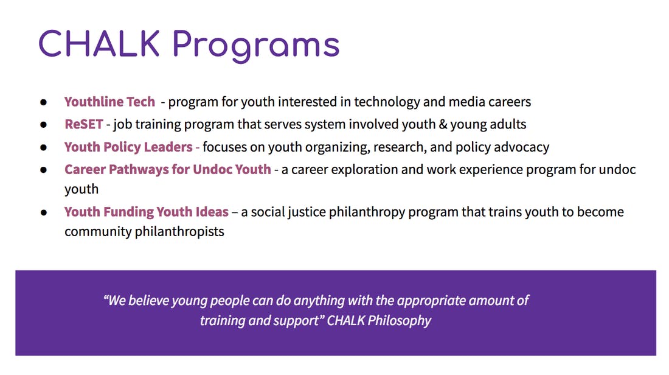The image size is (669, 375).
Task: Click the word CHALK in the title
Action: pyautogui.click(x=99, y=44)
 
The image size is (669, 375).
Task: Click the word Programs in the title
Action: pyautogui.click(x=256, y=46)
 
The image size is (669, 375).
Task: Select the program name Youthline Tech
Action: pyautogui.click(x=109, y=102)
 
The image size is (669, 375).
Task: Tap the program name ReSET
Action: pyautogui.click(x=84, y=124)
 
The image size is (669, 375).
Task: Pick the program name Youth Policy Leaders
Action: pyautogui.click(x=128, y=147)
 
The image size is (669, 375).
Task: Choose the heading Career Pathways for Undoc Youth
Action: pyautogui.click(x=168, y=169)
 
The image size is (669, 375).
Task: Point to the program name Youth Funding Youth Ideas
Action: pyautogui.click(x=147, y=212)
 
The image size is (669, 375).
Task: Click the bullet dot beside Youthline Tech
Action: pyautogui.click(x=44, y=102)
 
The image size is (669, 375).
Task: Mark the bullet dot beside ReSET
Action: pyautogui.click(x=44, y=125)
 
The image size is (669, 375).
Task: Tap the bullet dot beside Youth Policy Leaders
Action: pyautogui.click(x=44, y=147)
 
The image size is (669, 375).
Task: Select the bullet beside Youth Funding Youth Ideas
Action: pyautogui.click(x=44, y=212)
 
